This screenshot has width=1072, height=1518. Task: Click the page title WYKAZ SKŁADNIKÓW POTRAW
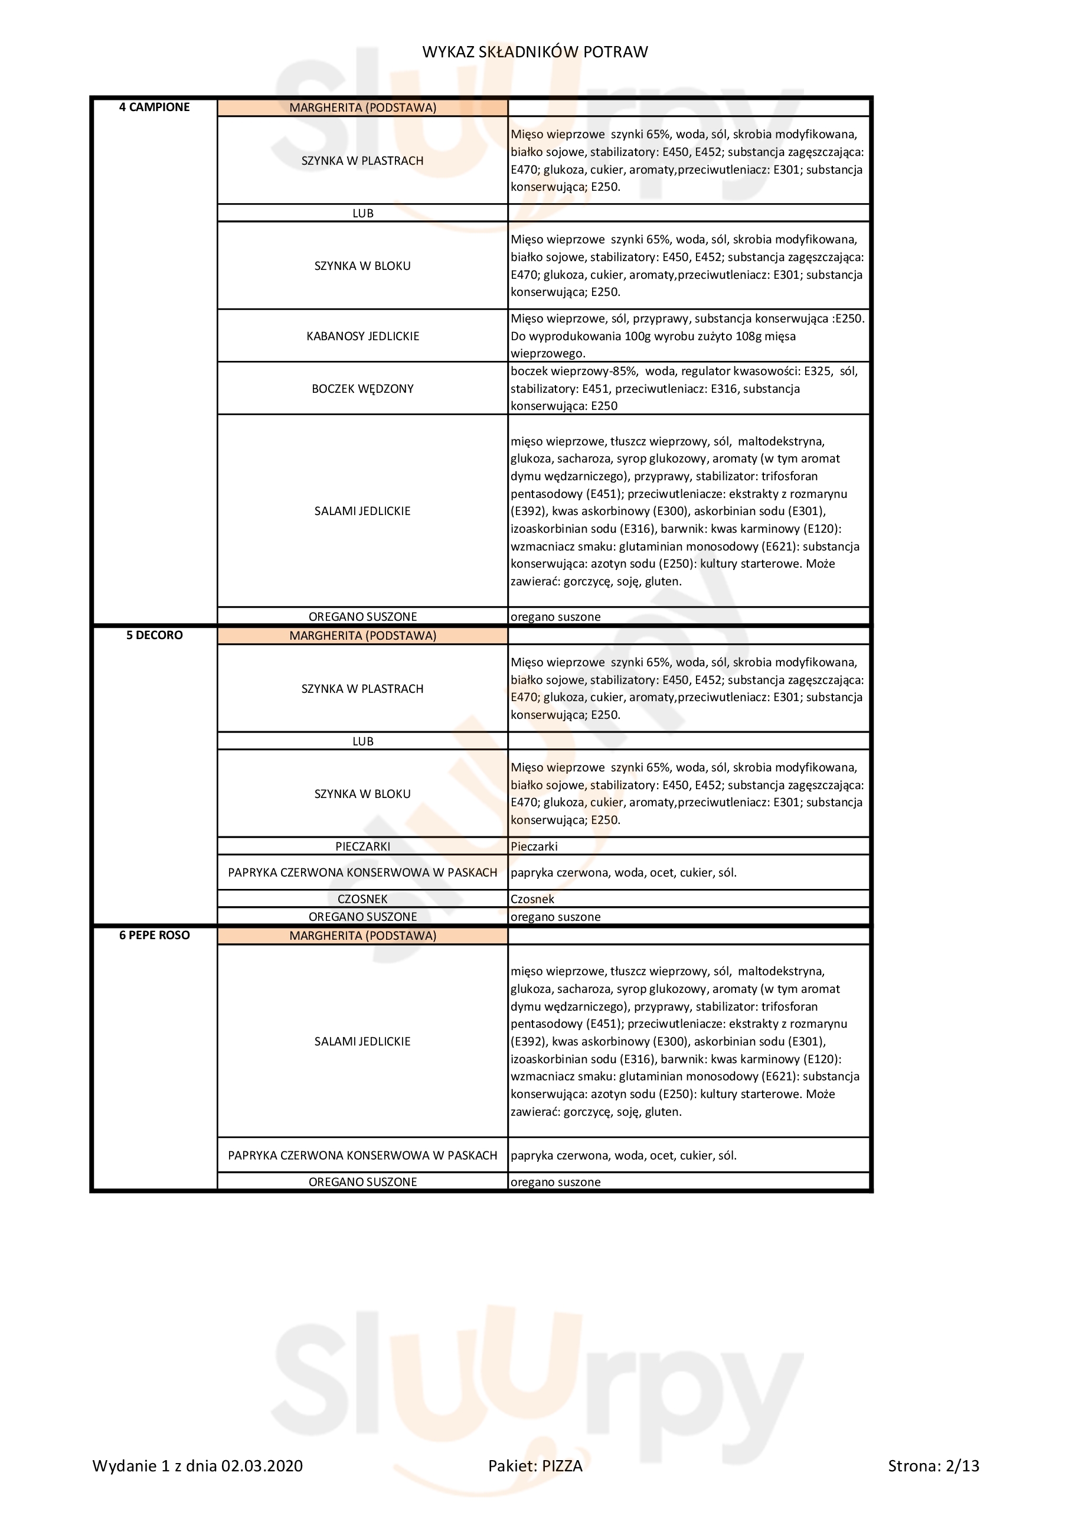(535, 51)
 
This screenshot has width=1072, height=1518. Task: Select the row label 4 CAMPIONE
(154, 107)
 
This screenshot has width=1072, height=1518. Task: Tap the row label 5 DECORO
(154, 635)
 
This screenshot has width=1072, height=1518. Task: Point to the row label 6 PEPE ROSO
(154, 935)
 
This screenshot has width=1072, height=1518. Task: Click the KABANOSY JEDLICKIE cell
(362, 336)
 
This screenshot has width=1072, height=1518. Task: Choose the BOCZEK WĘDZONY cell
(362, 389)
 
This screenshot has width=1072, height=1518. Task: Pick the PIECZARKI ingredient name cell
(362, 846)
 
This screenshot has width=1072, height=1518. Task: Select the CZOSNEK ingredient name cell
(362, 899)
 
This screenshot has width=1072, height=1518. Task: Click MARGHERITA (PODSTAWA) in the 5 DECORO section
(362, 636)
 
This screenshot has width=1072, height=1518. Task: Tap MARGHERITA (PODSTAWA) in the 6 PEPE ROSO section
(362, 936)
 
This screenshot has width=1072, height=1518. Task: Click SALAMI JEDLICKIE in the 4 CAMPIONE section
(362, 511)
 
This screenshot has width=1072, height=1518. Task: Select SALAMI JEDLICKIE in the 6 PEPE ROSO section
(362, 1041)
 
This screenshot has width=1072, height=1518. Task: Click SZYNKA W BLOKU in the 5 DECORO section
(362, 794)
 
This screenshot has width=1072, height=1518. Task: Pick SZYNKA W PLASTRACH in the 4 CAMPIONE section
(362, 161)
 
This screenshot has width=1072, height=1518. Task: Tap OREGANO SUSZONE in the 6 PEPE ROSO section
(362, 1181)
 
